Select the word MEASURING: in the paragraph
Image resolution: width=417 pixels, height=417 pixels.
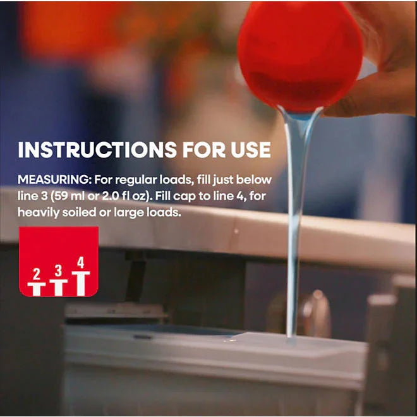[54, 180]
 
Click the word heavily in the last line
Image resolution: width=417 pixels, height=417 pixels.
[39, 213]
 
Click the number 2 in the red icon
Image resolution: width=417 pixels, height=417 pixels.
[37, 274]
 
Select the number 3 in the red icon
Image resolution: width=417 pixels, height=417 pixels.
[58, 270]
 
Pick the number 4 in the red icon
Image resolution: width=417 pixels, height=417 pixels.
[81, 262]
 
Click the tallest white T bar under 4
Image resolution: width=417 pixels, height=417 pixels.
[81, 284]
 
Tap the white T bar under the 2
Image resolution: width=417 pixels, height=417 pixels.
[37, 289]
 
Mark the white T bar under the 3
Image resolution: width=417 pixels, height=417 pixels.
[59, 287]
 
